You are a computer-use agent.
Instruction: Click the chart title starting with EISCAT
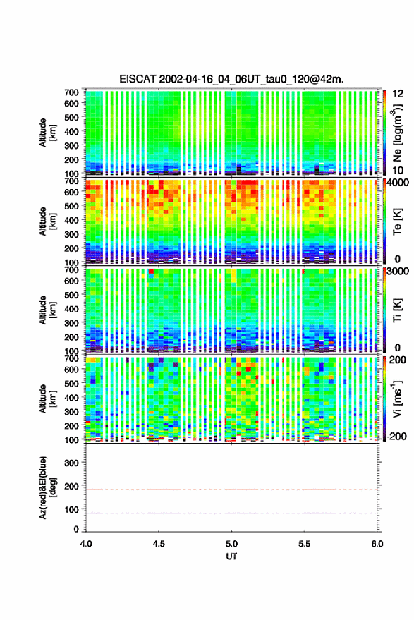click(x=232, y=79)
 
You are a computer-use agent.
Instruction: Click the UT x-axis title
click(x=232, y=557)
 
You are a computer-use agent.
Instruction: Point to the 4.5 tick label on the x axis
click(x=159, y=544)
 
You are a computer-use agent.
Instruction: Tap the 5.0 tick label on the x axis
click(x=232, y=544)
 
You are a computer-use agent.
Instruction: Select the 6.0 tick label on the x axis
click(x=377, y=544)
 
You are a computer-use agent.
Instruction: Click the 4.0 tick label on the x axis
click(x=86, y=544)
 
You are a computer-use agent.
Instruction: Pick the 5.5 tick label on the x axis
click(x=305, y=544)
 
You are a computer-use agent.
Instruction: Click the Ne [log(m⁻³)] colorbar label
click(x=398, y=133)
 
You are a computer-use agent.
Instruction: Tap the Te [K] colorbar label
click(x=397, y=221)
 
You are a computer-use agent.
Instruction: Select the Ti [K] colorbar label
click(x=397, y=310)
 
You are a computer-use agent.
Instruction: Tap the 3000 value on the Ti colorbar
click(x=398, y=272)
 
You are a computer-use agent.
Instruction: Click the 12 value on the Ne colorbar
click(x=398, y=94)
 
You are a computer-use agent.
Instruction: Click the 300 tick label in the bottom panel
click(x=71, y=463)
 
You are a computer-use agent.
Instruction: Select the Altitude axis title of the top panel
click(x=47, y=133)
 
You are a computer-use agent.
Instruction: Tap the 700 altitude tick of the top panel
click(x=71, y=92)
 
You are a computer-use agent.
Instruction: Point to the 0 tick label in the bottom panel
click(x=76, y=530)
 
